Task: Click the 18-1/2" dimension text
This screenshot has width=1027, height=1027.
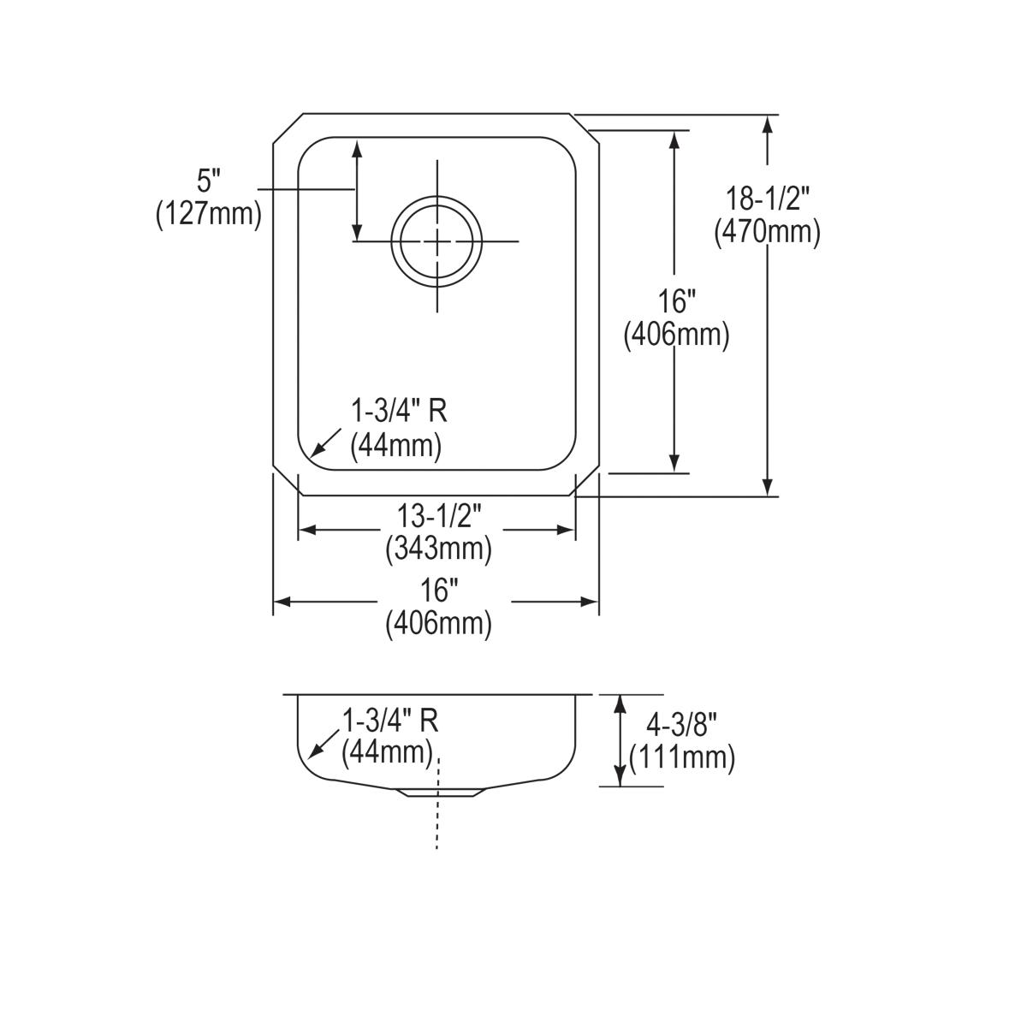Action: click(767, 199)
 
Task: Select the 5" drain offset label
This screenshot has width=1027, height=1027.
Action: click(209, 181)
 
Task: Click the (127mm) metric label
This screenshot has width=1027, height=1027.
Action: click(208, 213)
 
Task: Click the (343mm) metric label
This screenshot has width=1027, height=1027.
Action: click(438, 548)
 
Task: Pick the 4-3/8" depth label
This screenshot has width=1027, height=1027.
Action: click(681, 725)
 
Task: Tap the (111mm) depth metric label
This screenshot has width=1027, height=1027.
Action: click(681, 757)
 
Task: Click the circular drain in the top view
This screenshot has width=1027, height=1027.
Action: click(436, 240)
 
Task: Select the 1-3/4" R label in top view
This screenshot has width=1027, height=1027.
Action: click(399, 412)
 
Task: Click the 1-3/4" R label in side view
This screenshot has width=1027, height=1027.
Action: click(390, 721)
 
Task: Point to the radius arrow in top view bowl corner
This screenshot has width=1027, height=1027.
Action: click(323, 443)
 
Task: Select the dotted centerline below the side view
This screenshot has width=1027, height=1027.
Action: click(437, 822)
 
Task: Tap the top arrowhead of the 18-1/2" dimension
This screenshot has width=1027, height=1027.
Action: click(768, 122)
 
